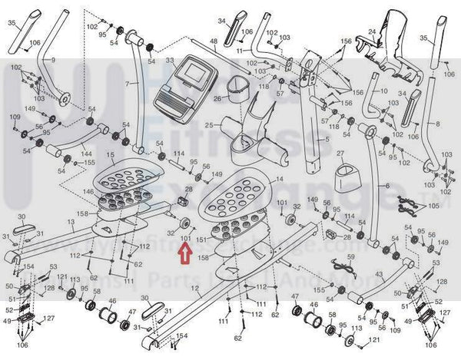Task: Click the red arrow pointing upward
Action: (x=184, y=253)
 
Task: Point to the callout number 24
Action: (x=373, y=32)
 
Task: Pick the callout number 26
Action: (x=217, y=98)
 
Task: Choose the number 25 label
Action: (x=217, y=125)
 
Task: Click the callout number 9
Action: (x=54, y=59)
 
